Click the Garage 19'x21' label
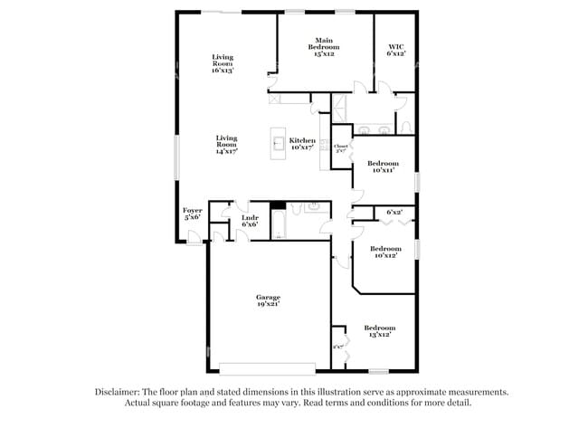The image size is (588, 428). (x=268, y=300)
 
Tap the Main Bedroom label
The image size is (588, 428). (x=325, y=46)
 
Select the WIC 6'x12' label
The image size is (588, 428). (x=396, y=49)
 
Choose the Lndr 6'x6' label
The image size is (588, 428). (x=250, y=220)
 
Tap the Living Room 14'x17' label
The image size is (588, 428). (x=226, y=145)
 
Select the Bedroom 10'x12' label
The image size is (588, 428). (x=386, y=251)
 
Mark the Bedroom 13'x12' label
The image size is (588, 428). (x=379, y=330)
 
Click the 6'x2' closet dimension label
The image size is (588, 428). (x=394, y=212)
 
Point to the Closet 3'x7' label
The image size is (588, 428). (x=341, y=148)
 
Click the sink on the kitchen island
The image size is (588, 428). (x=279, y=142)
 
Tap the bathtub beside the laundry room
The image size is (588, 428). (x=279, y=224)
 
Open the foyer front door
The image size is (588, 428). (x=193, y=237)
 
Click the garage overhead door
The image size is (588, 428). (x=268, y=368)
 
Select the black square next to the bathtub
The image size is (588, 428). (x=278, y=205)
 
